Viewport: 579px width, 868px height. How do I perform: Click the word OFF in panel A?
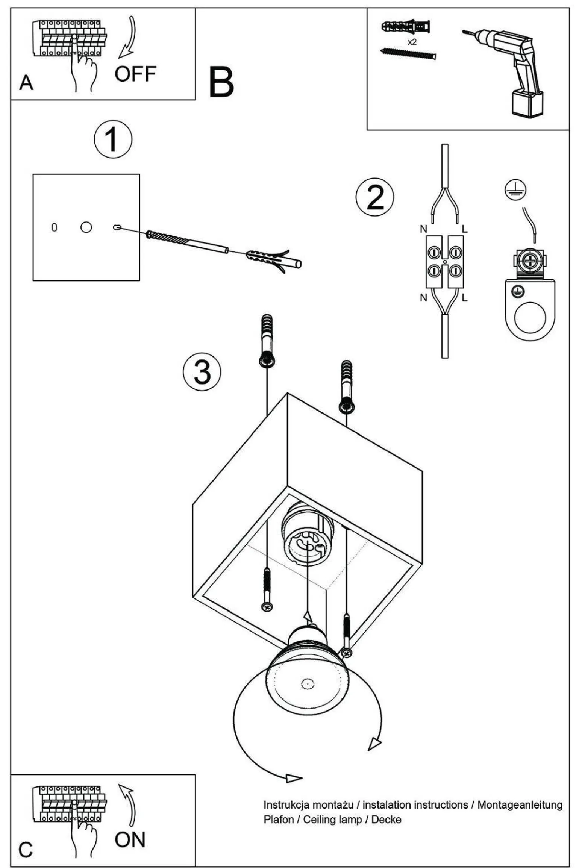(135, 74)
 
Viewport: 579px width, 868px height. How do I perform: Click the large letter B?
(221, 82)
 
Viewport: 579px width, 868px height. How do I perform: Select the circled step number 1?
(113, 139)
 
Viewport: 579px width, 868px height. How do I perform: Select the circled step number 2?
(374, 197)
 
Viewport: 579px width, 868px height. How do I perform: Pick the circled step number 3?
(202, 372)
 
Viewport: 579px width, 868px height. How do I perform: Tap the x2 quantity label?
(412, 42)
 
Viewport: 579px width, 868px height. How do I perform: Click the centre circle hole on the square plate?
(86, 227)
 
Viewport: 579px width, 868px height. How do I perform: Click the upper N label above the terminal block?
(424, 229)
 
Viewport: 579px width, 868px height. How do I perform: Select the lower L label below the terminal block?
(465, 298)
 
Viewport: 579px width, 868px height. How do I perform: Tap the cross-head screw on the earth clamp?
(530, 261)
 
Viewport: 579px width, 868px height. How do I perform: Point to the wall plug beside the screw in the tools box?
(406, 27)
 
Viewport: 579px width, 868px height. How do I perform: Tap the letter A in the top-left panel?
(26, 83)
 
